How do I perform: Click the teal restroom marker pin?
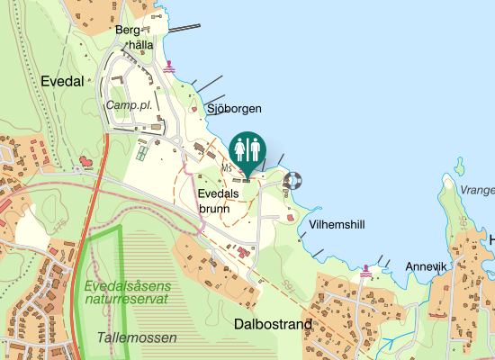coord(247,148)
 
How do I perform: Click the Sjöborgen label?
coord(234,109)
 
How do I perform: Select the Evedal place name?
coord(62,81)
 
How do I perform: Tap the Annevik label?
coord(427,266)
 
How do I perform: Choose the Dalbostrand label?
coord(273,323)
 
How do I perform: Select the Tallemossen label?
coord(138,337)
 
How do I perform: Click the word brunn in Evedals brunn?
coord(215,208)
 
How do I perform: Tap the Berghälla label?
coord(136,37)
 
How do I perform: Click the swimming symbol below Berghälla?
coord(168,66)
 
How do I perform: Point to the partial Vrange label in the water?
coord(477,190)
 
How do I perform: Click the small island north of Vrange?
coord(461,166)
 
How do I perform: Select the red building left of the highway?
coord(86,162)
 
